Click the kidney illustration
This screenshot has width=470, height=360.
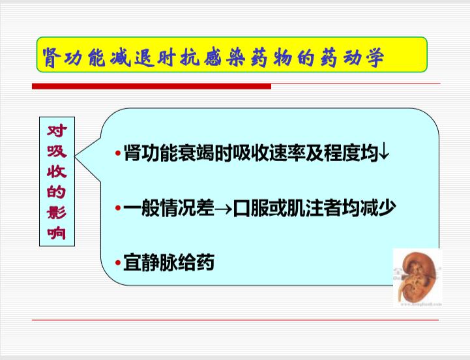(418, 277)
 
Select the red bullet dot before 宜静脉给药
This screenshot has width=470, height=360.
(118, 263)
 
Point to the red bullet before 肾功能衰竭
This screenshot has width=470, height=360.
(118, 153)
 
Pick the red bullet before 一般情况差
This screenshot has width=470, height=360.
(118, 207)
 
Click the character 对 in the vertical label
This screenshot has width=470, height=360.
(57, 131)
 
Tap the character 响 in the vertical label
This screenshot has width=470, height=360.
(57, 233)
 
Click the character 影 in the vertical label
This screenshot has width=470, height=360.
(57, 213)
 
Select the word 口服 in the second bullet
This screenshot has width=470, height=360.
(250, 207)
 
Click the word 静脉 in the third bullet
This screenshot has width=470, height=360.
(160, 263)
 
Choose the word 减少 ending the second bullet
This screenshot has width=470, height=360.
(378, 207)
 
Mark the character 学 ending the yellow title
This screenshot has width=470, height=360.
(375, 57)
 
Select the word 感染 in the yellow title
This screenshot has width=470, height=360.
(224, 57)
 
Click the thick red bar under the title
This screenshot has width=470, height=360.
(152, 86)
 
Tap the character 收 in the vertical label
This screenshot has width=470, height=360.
(57, 172)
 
